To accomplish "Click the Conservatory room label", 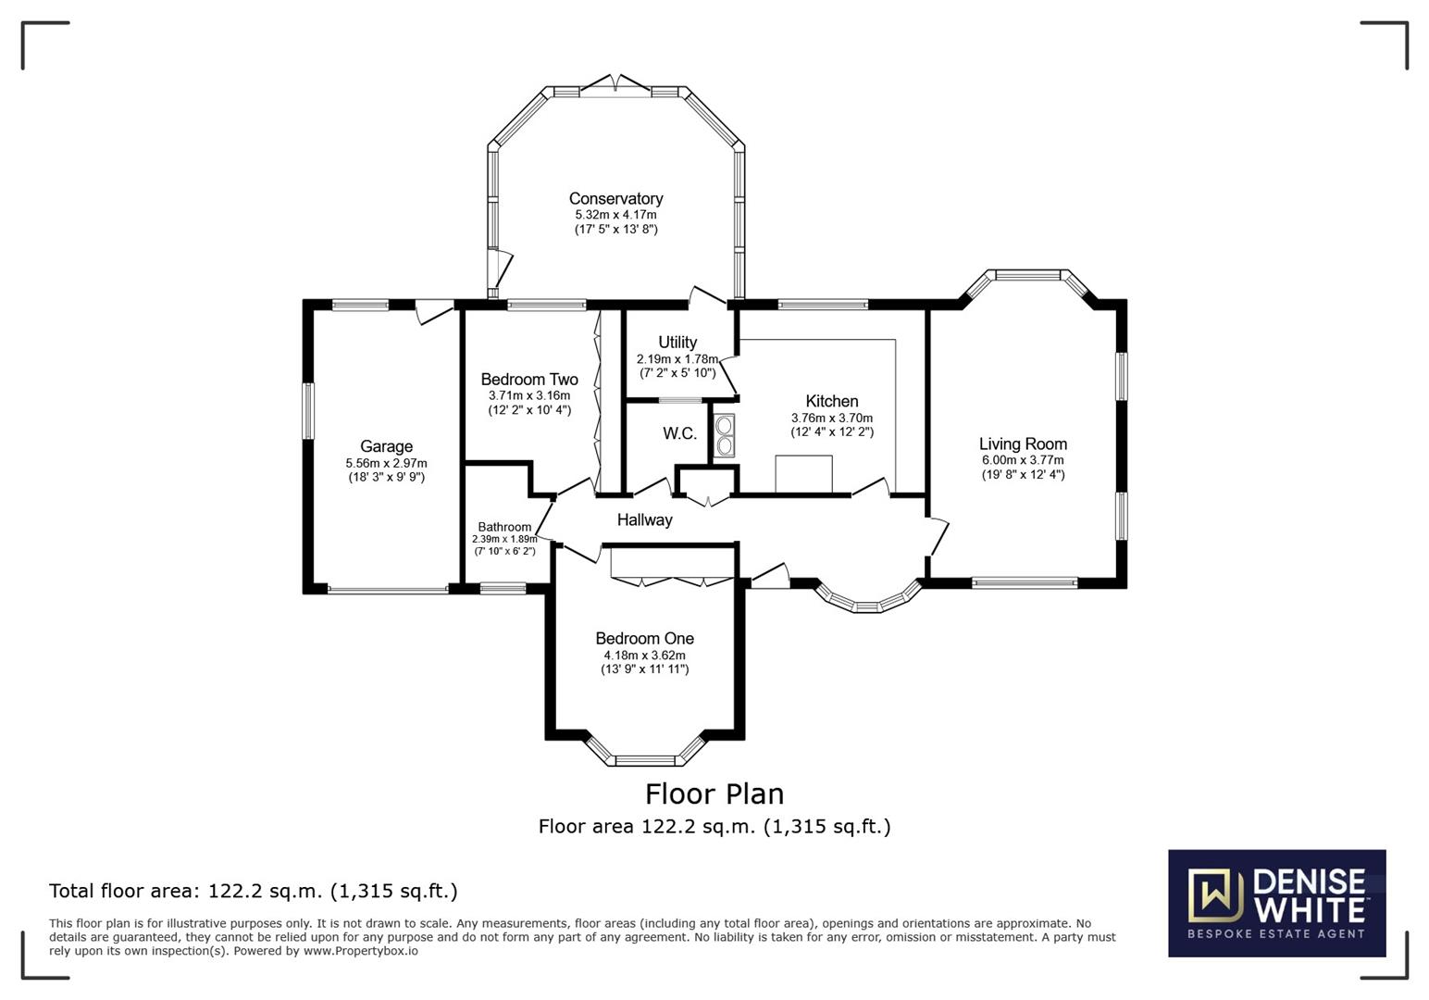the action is coord(615,198).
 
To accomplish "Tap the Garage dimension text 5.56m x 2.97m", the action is coord(386,463).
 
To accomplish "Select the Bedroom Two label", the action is coord(529,380).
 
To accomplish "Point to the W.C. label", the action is coord(679,433).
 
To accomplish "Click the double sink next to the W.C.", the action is coord(724,436).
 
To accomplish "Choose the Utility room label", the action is coord(677,342).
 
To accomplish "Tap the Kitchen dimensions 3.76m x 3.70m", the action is coord(831,418).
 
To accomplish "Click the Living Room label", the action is coord(1023,444).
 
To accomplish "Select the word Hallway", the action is coord(644,519).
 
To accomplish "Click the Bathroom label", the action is coord(504,527).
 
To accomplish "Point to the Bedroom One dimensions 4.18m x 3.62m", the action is coord(644,655).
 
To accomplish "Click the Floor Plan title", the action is coord(714,794).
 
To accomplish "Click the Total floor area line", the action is coord(253,891).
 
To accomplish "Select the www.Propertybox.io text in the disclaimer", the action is coord(361,951).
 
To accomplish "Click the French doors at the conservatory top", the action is coord(617,84).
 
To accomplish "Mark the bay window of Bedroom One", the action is coord(645,758).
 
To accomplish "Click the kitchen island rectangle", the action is coord(803,473).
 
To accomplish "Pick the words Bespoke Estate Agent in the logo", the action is coord(1276,933).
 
